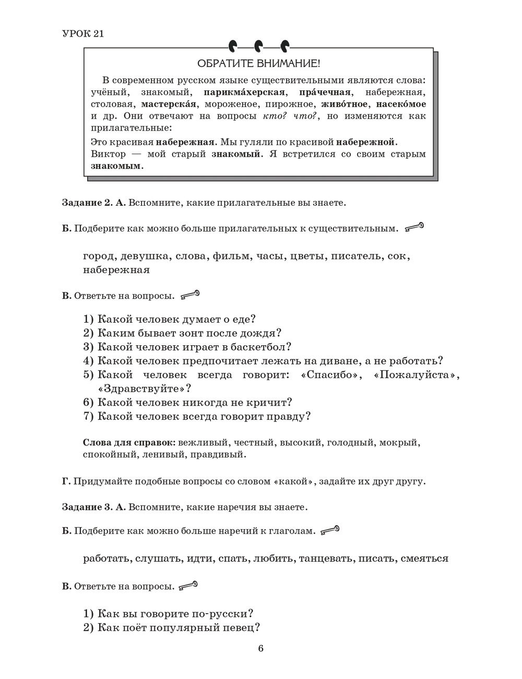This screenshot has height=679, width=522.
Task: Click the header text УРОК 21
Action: (83, 34)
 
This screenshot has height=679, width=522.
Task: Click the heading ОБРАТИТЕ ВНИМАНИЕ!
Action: (258, 64)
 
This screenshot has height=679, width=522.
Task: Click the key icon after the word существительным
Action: (414, 227)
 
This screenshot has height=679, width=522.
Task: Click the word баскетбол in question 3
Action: (262, 347)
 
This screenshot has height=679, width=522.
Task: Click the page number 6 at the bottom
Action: (261, 649)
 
